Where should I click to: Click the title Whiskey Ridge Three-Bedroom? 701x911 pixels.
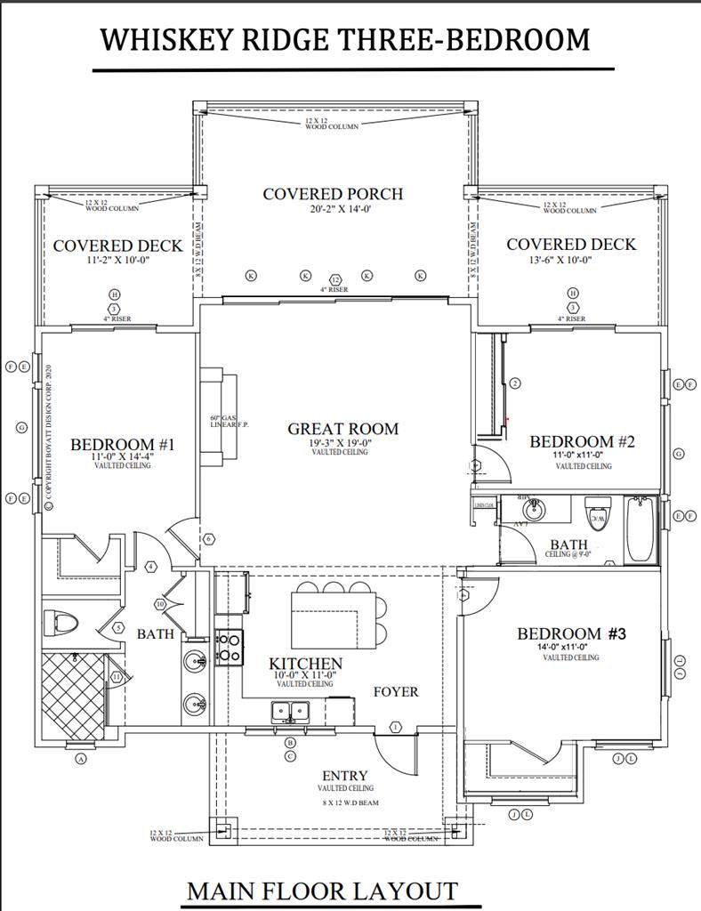pos(345,40)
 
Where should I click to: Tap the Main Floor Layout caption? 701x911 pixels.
pos(322,891)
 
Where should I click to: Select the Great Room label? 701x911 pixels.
pos(342,429)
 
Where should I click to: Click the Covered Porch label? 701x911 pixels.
pos(333,194)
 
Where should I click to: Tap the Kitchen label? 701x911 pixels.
pos(305,664)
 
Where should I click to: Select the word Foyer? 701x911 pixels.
pos(395,691)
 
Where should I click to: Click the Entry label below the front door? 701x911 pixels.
pos(345,776)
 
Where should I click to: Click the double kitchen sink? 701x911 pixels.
pos(290,710)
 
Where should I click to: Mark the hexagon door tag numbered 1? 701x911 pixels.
pos(396,727)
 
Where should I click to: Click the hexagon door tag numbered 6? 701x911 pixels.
pos(209,539)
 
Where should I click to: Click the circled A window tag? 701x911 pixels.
pos(81,759)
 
